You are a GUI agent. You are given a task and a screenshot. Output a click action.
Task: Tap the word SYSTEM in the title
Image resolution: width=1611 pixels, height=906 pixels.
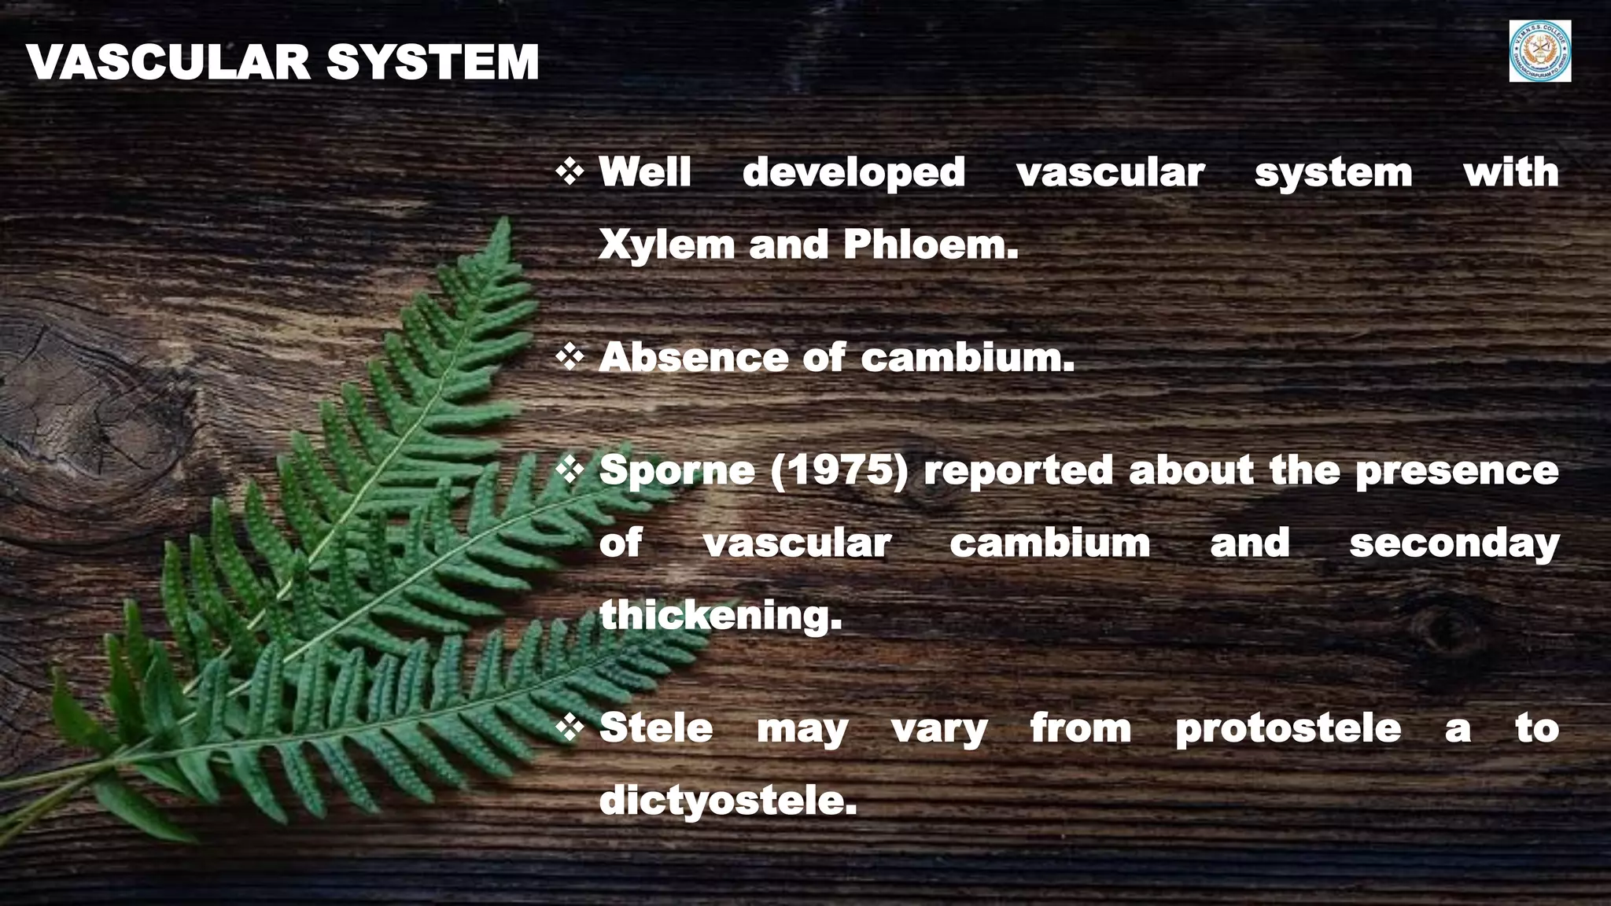point(433,63)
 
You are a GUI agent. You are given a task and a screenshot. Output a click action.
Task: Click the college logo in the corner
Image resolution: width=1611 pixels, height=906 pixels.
point(1539,52)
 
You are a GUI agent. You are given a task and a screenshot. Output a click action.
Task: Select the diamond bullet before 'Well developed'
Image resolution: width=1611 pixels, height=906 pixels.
point(570,171)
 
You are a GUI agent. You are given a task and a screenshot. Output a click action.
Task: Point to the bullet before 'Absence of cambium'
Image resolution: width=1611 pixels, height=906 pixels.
point(570,357)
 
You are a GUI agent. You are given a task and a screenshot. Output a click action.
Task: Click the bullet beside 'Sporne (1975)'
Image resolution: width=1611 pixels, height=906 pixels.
point(570,470)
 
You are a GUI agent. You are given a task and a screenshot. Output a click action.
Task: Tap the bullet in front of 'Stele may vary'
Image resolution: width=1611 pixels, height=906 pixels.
point(570,727)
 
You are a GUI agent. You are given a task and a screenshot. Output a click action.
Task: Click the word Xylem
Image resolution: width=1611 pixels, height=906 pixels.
point(666,245)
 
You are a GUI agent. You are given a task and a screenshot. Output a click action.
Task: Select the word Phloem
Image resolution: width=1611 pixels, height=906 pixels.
point(931,245)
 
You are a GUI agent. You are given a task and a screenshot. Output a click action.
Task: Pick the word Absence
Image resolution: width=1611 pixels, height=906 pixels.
point(693,358)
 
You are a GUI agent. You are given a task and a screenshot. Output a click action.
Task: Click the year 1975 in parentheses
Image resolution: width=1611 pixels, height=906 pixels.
point(839,470)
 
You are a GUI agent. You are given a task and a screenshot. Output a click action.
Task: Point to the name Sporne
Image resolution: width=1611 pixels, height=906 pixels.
point(676,470)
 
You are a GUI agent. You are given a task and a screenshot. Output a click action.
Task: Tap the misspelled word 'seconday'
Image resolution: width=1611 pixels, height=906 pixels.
point(1454,543)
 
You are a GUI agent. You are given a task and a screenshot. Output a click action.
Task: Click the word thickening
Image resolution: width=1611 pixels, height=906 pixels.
point(721,615)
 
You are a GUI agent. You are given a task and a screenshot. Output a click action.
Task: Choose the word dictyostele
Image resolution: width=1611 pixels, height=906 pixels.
point(728,801)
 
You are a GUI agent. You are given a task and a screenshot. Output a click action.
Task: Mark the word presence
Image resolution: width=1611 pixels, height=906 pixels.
point(1457,471)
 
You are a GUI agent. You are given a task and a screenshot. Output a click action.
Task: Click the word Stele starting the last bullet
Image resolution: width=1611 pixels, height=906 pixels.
point(656,727)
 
